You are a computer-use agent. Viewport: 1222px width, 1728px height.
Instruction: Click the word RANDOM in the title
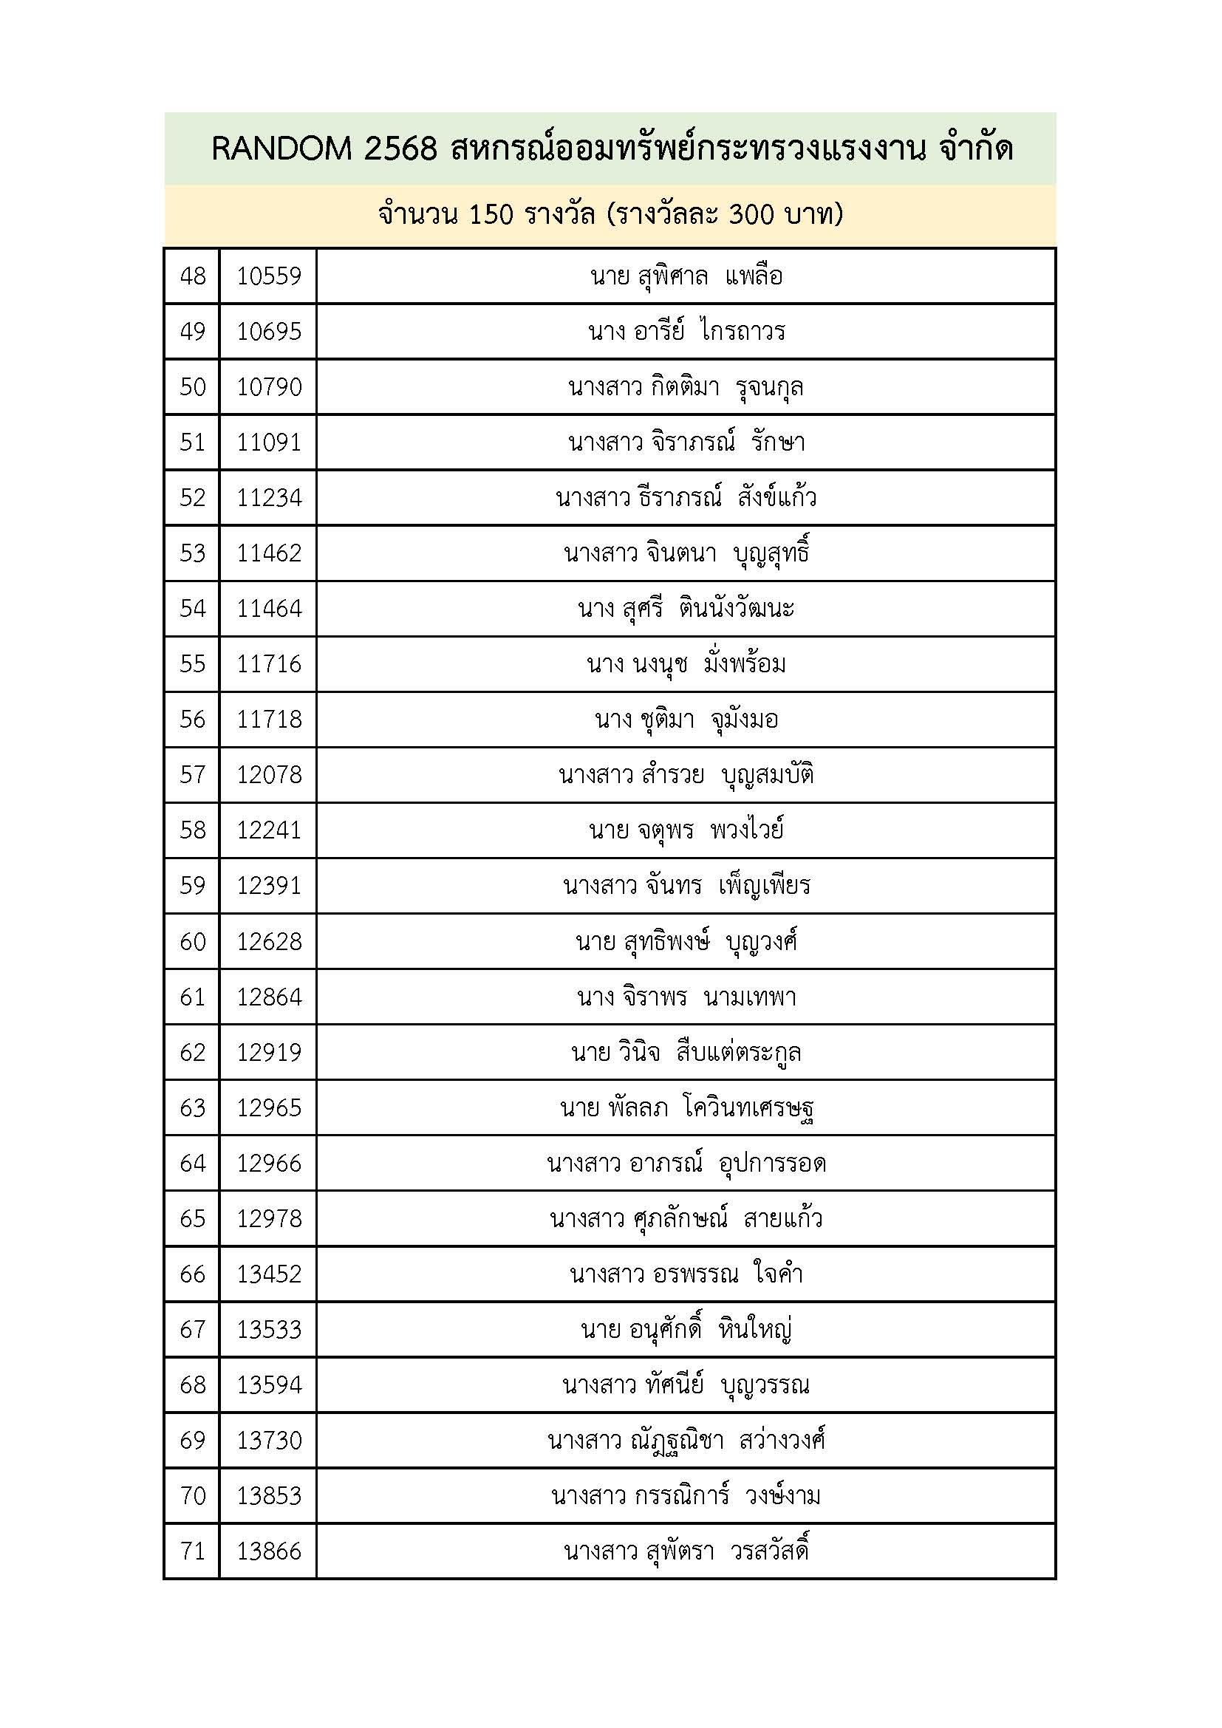tap(281, 149)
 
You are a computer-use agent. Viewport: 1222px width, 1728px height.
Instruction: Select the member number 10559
tap(269, 276)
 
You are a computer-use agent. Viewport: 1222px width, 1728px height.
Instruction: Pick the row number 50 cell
tap(193, 387)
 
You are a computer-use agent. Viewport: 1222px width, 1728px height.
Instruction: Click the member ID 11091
tap(269, 442)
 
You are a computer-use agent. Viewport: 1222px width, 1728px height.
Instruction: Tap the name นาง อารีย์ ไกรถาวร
tap(686, 331)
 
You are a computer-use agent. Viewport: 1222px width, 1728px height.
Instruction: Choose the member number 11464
tap(269, 608)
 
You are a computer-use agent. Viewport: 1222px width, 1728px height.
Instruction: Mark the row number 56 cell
tap(193, 719)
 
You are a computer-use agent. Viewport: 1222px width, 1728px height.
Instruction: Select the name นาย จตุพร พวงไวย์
tap(686, 830)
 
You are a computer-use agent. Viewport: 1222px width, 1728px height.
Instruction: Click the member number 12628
tap(269, 940)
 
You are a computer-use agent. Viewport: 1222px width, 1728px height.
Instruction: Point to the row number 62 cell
tap(193, 1051)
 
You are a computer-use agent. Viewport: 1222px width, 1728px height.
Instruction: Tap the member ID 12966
tap(269, 1163)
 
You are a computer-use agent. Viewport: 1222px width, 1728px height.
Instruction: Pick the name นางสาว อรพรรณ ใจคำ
tap(686, 1274)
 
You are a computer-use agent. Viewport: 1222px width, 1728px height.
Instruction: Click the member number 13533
tap(269, 1329)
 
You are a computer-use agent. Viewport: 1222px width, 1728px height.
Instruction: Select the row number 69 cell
tap(193, 1440)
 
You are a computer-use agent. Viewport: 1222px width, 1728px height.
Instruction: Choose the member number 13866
tap(269, 1551)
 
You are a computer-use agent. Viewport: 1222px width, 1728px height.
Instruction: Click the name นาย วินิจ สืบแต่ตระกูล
tap(686, 1051)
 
